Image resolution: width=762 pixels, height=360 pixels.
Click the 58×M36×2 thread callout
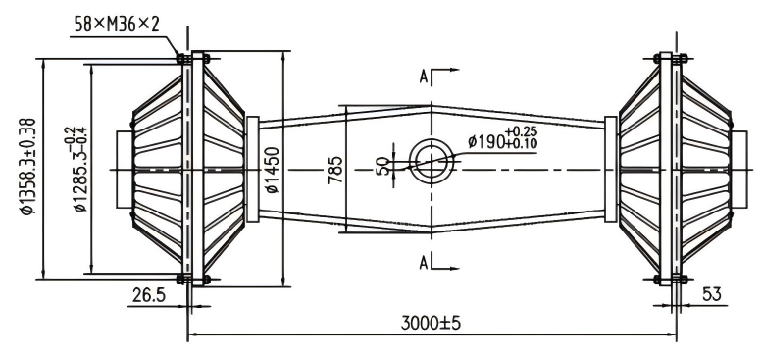click(x=117, y=24)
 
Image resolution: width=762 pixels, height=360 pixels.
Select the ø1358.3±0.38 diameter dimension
click(x=26, y=166)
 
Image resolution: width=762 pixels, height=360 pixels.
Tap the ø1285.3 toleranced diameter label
click(x=76, y=169)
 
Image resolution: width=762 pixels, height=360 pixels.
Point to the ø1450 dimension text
click(x=273, y=170)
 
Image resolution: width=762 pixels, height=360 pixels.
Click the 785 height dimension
click(x=334, y=170)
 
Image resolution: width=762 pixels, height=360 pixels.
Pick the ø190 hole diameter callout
click(x=502, y=138)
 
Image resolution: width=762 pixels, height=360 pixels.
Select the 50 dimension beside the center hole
click(x=384, y=166)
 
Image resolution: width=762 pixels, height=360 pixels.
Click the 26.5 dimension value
click(x=149, y=294)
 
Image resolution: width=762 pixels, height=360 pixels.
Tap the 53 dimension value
click(x=711, y=294)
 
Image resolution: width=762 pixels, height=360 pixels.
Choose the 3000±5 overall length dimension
click(x=431, y=323)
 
